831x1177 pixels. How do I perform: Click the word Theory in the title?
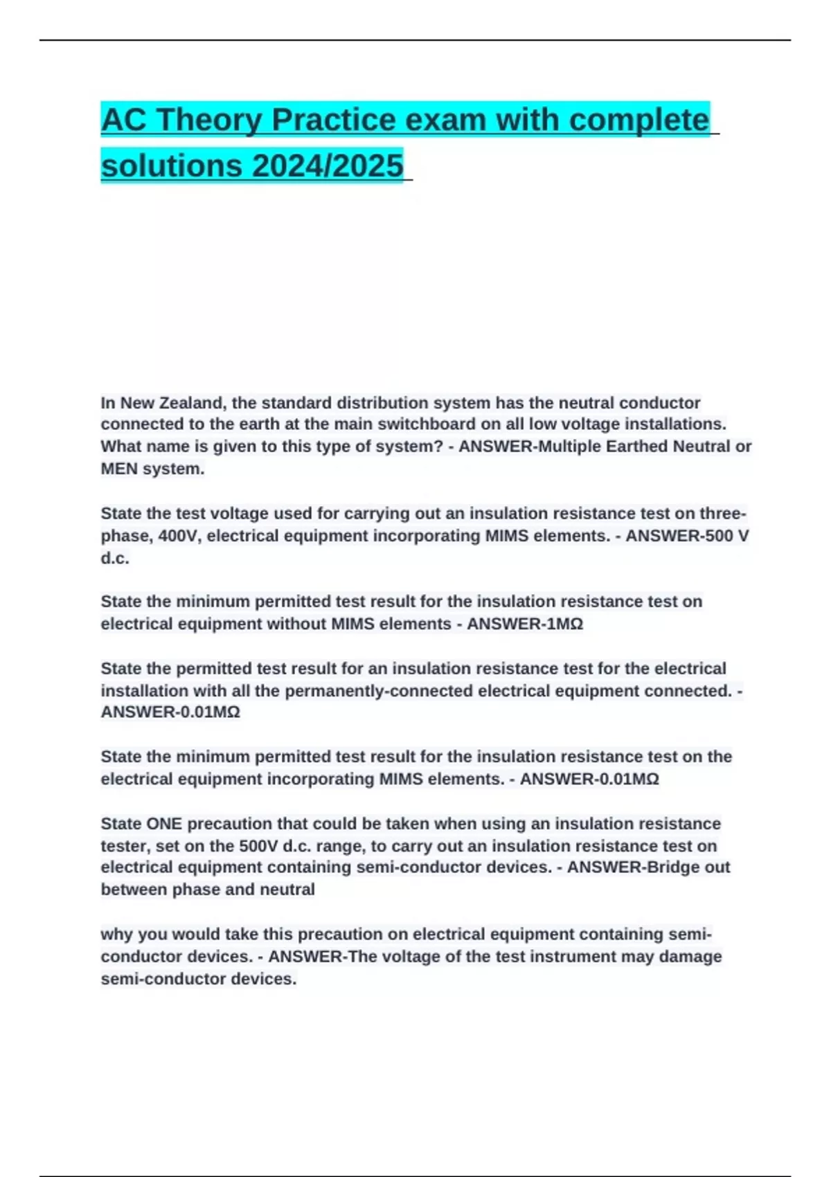tap(208, 120)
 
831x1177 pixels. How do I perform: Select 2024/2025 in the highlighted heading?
tap(328, 165)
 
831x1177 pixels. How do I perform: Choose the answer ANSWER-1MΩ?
tap(525, 624)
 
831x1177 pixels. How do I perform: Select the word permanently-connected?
tap(379, 690)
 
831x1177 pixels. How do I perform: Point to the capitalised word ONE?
tap(164, 823)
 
